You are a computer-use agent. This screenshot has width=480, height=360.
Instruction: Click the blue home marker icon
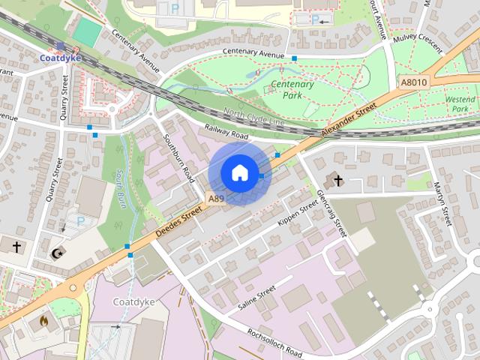(238, 172)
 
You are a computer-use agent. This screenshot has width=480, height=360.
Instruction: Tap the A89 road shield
(216, 199)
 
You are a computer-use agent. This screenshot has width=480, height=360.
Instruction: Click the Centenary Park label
(292, 89)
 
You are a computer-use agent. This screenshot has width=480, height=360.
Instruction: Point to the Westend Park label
(460, 104)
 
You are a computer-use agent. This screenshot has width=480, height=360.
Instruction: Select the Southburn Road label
(178, 158)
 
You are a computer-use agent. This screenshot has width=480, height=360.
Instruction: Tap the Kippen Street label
(298, 214)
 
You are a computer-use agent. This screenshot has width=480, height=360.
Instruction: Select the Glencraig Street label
(331, 213)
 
